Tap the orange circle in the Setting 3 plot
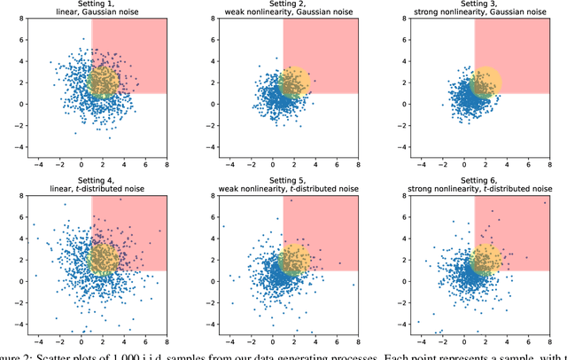click(485, 82)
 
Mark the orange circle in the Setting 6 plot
click(485, 260)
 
